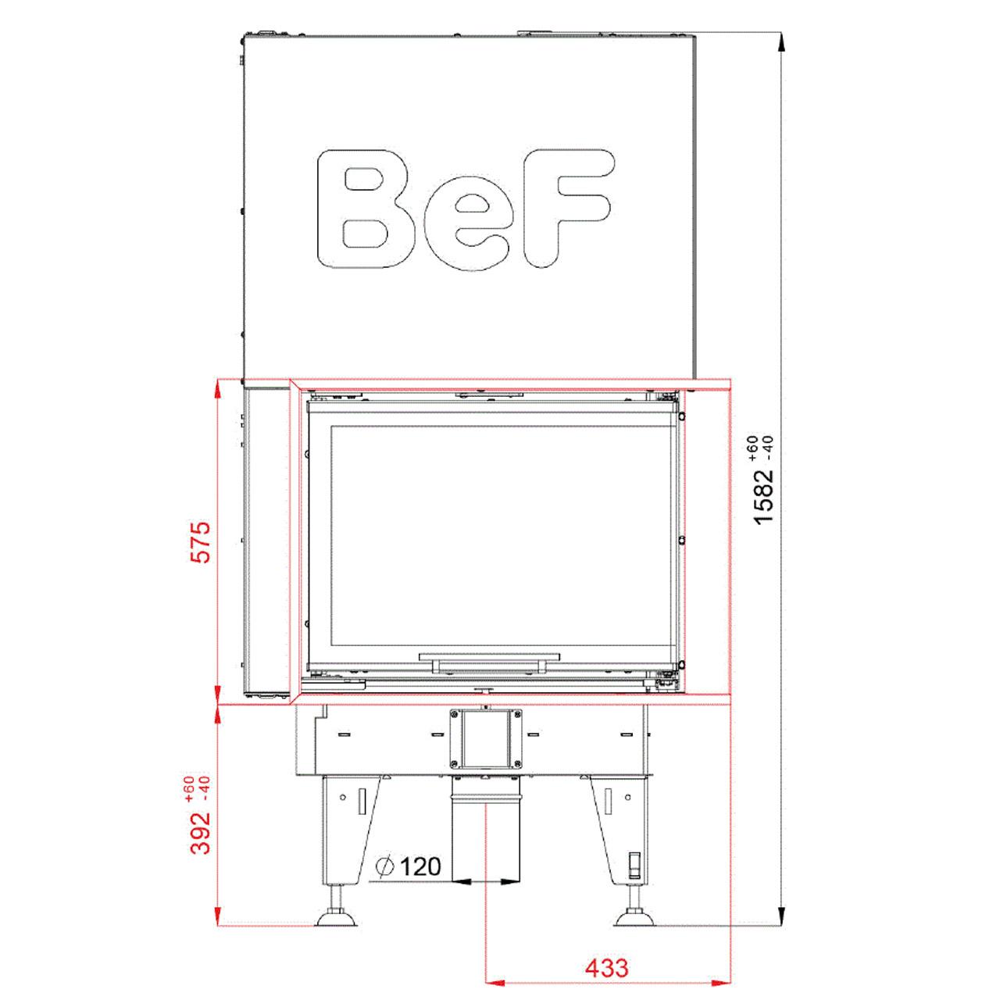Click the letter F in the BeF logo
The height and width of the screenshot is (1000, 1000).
click(568, 209)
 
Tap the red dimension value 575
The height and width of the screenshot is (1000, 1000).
click(201, 542)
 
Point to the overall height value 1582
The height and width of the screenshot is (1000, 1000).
click(764, 497)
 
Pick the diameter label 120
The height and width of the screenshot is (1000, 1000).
click(421, 866)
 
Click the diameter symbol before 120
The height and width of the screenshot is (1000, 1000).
click(386, 866)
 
